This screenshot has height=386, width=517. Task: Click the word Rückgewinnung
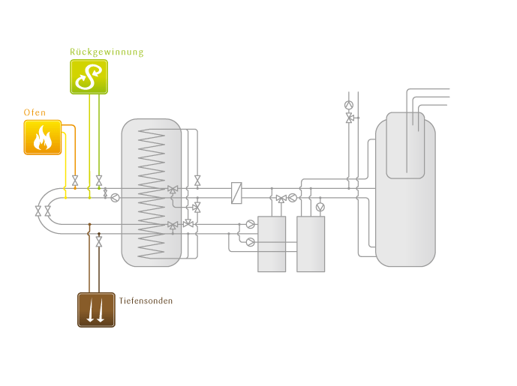[x=107, y=52]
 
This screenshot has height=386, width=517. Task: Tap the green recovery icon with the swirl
[x=89, y=76]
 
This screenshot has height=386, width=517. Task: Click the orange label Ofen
[x=35, y=112]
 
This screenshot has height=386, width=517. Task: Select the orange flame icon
[x=43, y=137]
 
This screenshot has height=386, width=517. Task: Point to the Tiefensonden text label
[x=146, y=301]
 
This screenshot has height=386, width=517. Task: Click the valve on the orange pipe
[x=75, y=181]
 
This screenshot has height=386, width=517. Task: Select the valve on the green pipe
[x=99, y=181]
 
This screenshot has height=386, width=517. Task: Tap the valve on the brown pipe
[x=99, y=244]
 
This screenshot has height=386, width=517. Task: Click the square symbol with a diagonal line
[x=237, y=193]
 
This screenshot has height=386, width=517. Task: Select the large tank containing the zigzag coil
[x=152, y=192]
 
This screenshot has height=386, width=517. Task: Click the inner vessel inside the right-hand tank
[x=405, y=145]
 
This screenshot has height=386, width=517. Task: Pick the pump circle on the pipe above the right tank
[x=349, y=105]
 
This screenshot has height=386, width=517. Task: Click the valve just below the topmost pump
[x=349, y=118]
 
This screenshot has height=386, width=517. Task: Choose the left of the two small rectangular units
[x=272, y=244]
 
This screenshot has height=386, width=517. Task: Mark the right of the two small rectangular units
[x=311, y=244]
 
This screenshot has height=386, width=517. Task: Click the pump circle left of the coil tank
[x=115, y=198]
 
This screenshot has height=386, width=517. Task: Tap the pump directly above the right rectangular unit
[x=320, y=206]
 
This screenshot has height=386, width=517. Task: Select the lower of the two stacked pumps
[x=250, y=242]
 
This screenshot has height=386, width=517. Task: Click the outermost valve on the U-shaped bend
[x=38, y=212]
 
